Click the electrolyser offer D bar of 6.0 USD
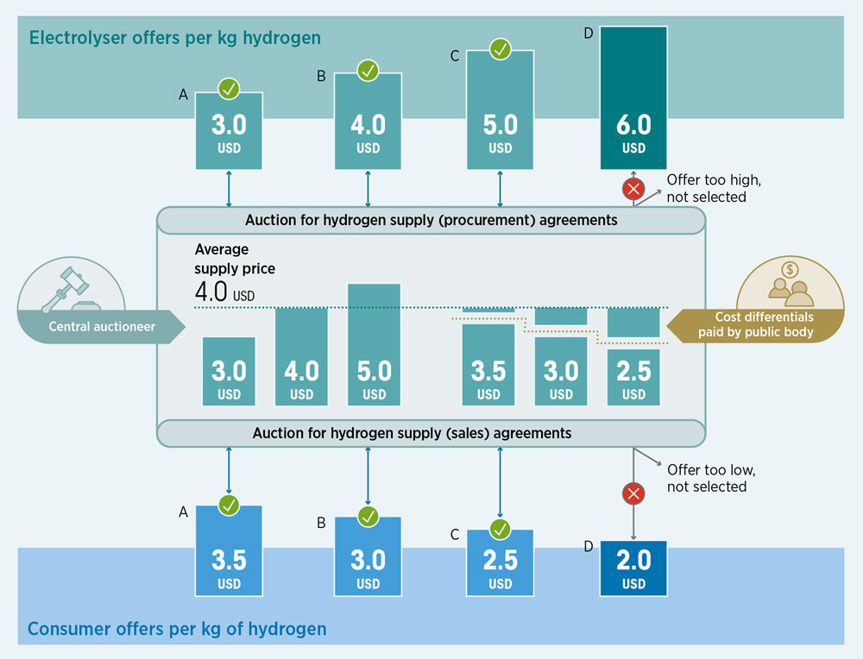tap(633, 98)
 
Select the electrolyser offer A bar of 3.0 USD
tap(229, 131)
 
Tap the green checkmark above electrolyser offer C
tap(501, 49)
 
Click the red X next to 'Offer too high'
tap(633, 189)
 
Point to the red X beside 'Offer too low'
tap(633, 493)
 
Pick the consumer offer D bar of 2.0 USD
tap(633, 568)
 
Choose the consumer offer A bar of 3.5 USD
tap(229, 550)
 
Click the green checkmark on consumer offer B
tap(369, 517)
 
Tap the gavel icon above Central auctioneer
tap(67, 288)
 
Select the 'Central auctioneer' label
tap(102, 327)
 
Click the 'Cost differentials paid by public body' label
tap(756, 324)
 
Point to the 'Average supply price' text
tap(235, 259)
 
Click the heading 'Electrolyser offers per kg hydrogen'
tap(175, 38)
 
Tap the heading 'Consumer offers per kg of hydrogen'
tap(177, 629)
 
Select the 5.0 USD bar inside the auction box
tap(375, 345)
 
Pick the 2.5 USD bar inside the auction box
tap(633, 377)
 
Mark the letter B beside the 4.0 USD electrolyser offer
tap(321, 77)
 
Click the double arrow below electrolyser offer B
tap(369, 189)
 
